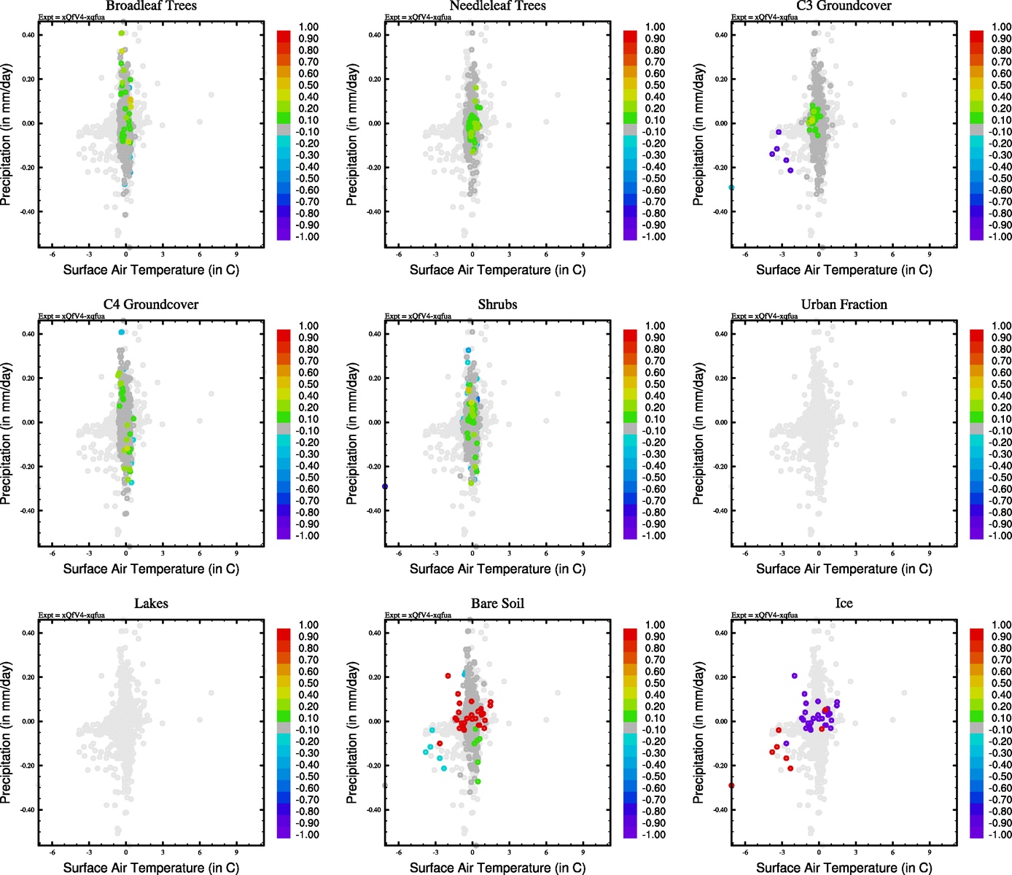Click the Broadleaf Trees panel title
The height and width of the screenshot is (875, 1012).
click(151, 6)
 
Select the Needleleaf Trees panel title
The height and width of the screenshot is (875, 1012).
click(497, 6)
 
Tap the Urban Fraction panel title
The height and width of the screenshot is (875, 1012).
click(844, 305)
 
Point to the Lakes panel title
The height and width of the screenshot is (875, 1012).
click(151, 604)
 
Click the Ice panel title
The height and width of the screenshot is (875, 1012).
click(844, 604)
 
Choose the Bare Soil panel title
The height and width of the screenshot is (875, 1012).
click(497, 604)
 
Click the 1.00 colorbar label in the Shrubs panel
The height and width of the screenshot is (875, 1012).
click(655, 326)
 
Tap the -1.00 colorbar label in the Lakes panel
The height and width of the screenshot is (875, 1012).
click(307, 834)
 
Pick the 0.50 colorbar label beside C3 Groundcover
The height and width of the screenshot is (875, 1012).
click(1001, 85)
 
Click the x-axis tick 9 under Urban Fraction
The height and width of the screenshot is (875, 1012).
click(930, 553)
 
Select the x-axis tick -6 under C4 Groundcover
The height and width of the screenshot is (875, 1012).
click(52, 553)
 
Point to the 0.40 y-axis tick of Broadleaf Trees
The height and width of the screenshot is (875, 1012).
click(27, 35)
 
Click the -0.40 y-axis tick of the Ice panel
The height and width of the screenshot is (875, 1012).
click(720, 810)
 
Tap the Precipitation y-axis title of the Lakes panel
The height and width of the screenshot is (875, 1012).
click(7, 732)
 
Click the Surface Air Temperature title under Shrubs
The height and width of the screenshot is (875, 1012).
click(497, 569)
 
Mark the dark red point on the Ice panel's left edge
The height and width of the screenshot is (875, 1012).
click(731, 785)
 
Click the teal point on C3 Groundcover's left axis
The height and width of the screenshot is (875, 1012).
click(731, 187)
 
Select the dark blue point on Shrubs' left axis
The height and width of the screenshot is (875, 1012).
click(385, 486)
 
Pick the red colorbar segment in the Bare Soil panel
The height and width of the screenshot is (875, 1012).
click(631, 630)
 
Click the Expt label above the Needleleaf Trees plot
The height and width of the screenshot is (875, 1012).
click(418, 17)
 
